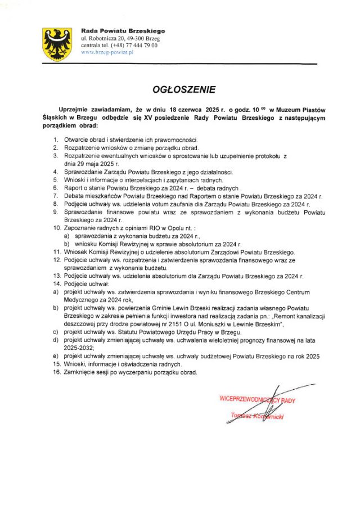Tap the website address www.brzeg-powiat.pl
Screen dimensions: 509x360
click(x=107, y=52)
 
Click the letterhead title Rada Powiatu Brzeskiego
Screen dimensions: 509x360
click(x=123, y=30)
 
